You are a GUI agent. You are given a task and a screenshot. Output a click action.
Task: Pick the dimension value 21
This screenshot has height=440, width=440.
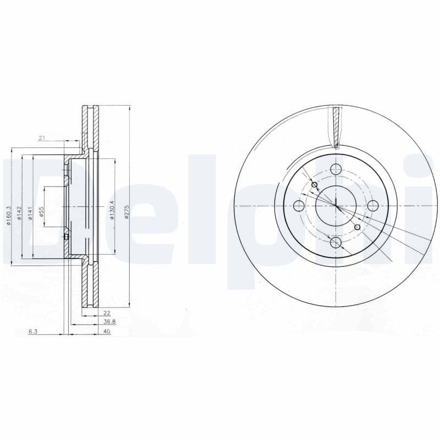tap(41, 138)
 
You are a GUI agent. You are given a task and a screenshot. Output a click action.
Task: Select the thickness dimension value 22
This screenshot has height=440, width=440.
tap(107, 313)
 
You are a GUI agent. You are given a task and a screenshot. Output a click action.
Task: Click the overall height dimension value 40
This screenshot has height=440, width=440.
tap(107, 332)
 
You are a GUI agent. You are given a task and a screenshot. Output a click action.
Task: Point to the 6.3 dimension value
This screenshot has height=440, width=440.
tap(32, 332)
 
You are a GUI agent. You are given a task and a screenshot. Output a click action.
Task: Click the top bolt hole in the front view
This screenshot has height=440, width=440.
tap(335, 169)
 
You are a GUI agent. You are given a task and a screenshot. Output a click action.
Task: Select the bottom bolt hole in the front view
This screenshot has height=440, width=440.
tap(335, 243)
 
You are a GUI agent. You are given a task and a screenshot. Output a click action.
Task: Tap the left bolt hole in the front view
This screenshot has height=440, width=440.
tap(299, 206)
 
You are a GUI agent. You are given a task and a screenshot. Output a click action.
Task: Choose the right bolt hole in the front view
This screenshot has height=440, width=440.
tap(373, 206)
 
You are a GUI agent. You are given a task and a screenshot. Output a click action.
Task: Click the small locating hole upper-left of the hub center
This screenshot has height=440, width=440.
tap(315, 185)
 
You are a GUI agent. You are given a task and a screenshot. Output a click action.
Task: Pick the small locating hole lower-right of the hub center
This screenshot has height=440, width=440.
tap(358, 227)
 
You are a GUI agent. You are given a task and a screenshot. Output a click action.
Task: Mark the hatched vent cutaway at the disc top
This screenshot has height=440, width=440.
tap(335, 125)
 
